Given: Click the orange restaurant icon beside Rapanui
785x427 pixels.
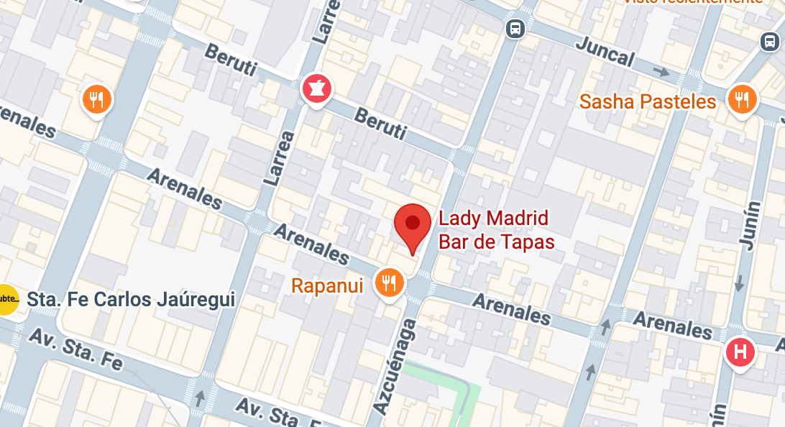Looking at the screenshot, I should click(390, 283).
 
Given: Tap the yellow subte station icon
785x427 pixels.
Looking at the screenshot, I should click(6, 298).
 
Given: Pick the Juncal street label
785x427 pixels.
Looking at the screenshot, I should click(605, 50).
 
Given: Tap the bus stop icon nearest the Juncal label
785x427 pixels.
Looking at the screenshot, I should click(515, 28).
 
